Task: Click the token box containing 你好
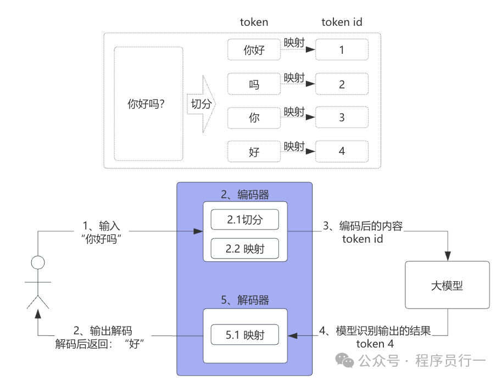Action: (x=254, y=50)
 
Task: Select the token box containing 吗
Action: (x=254, y=85)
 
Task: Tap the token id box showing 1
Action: (x=342, y=50)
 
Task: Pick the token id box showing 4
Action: (x=342, y=152)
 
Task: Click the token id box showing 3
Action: (x=342, y=117)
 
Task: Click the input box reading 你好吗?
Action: (x=148, y=104)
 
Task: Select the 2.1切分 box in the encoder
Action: (x=245, y=220)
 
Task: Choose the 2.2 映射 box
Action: (x=245, y=248)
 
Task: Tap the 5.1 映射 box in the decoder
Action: (x=245, y=334)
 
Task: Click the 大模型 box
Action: (x=447, y=284)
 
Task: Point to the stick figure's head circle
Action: (x=37, y=262)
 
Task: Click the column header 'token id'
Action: (x=342, y=23)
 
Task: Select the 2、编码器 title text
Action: (x=245, y=194)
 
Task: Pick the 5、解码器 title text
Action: (x=245, y=300)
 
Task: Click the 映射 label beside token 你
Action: (x=294, y=111)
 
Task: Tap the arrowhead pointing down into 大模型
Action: (x=448, y=255)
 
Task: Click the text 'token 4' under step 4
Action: (x=375, y=344)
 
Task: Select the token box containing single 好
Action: (x=254, y=152)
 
